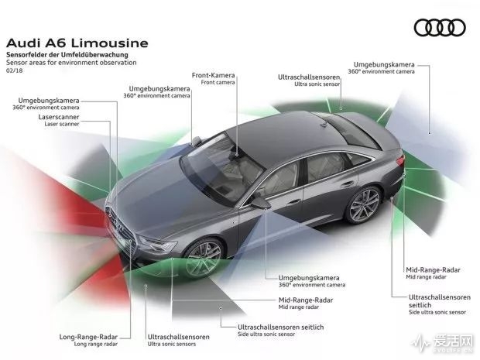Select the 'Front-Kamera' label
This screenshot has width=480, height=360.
[x=213, y=75]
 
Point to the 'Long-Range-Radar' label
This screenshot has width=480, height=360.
[x=87, y=338]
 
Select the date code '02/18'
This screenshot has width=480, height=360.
[x=15, y=70]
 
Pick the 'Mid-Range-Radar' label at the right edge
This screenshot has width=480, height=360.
[x=433, y=270]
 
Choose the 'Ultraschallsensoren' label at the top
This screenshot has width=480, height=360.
[x=309, y=77]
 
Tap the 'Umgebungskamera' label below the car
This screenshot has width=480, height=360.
[x=293, y=276]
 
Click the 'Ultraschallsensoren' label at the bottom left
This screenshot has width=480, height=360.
[x=178, y=338]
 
